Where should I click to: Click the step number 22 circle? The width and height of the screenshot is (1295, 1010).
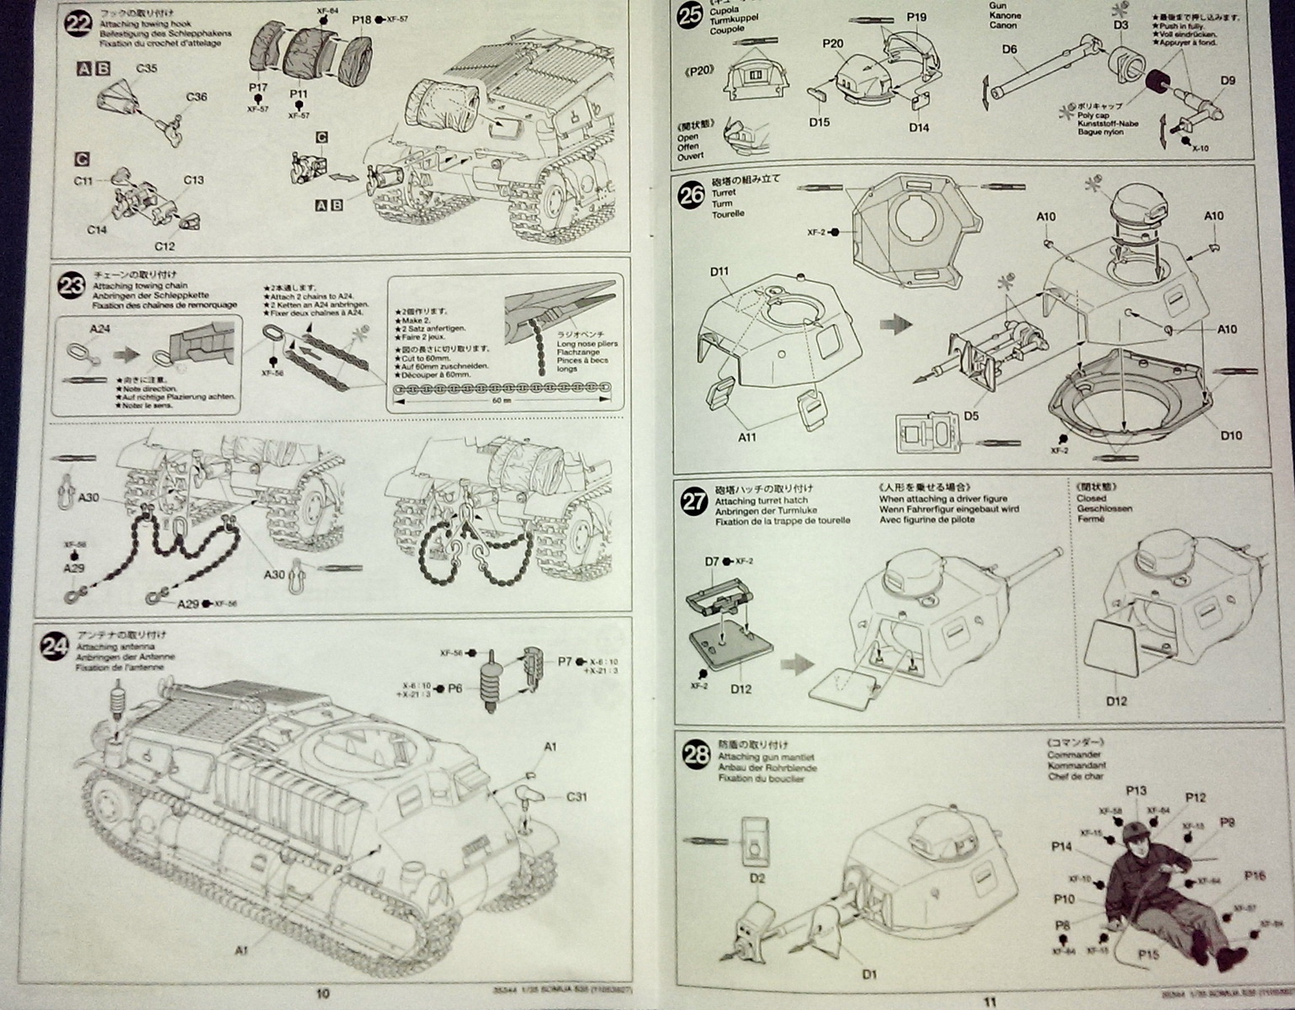(77, 24)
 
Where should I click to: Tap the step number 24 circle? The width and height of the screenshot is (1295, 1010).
(55, 646)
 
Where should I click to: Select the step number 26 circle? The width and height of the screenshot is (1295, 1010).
(692, 195)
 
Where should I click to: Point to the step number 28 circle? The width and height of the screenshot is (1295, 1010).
(696, 755)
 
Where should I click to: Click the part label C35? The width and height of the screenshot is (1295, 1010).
(146, 68)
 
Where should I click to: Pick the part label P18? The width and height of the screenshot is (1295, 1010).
(361, 19)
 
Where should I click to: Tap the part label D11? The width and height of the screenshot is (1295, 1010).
(719, 271)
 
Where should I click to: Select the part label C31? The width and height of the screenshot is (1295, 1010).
(576, 796)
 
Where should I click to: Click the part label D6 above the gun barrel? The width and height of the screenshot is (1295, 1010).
(1010, 50)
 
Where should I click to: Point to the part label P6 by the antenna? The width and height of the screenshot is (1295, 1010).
(454, 688)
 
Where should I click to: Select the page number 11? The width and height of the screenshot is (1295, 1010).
(990, 1002)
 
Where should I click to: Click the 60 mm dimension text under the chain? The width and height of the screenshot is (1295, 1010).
(502, 401)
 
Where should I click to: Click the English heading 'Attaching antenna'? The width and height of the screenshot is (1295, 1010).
(109, 646)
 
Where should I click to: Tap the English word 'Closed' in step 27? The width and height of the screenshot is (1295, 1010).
(1091, 497)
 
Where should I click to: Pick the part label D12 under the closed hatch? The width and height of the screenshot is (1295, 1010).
(1116, 701)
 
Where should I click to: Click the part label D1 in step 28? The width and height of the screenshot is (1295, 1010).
(869, 975)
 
